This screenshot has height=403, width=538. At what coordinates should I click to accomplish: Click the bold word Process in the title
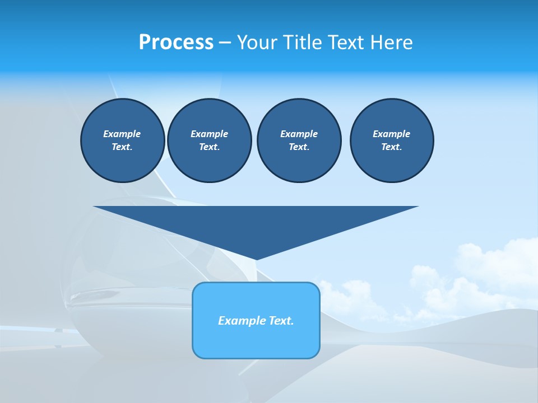176,43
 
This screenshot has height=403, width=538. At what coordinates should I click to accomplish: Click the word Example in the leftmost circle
122,134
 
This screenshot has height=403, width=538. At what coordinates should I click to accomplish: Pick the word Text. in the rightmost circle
392,147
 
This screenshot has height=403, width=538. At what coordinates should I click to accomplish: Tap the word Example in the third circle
299,134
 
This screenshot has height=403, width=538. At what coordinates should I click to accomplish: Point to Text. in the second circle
210,147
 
